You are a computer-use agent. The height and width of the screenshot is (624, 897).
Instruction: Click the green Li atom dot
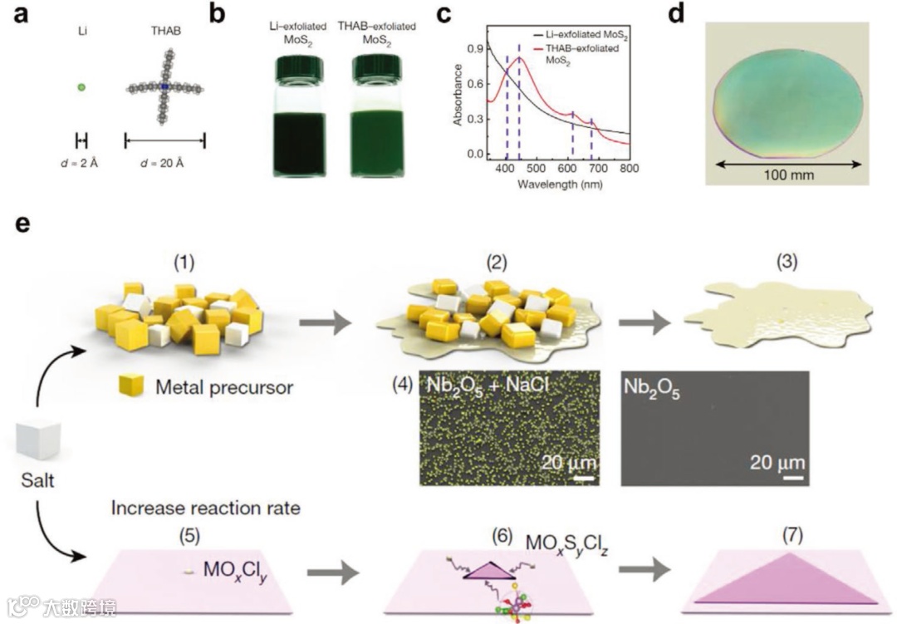pyautogui.click(x=81, y=86)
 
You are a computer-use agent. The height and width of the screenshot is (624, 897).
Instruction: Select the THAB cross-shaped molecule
pyautogui.click(x=164, y=86)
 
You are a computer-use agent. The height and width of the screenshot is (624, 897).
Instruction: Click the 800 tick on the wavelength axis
pyautogui.click(x=629, y=168)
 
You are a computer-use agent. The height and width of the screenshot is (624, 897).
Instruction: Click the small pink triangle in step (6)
pyautogui.click(x=488, y=567)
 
